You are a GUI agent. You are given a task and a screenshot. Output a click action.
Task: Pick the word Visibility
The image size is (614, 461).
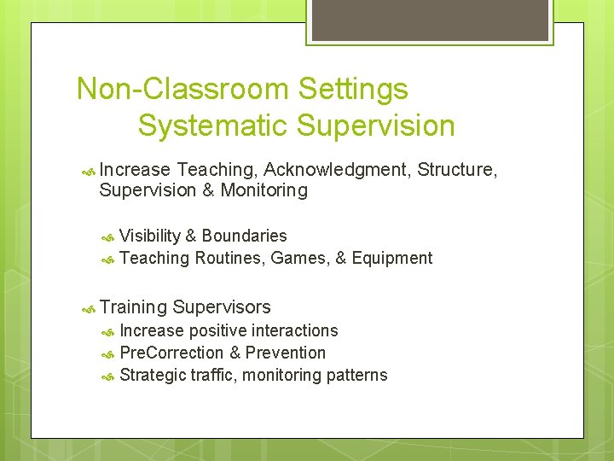click(x=150, y=236)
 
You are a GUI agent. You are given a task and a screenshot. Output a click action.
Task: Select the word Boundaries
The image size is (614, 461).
click(x=245, y=236)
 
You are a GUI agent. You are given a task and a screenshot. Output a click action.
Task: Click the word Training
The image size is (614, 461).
click(x=133, y=307)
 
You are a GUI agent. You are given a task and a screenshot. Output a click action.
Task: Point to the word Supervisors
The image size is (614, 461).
click(x=222, y=307)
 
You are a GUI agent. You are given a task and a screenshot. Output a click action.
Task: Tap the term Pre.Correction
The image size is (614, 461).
click(x=171, y=353)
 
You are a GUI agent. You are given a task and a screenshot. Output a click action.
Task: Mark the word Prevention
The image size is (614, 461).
click(x=286, y=353)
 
